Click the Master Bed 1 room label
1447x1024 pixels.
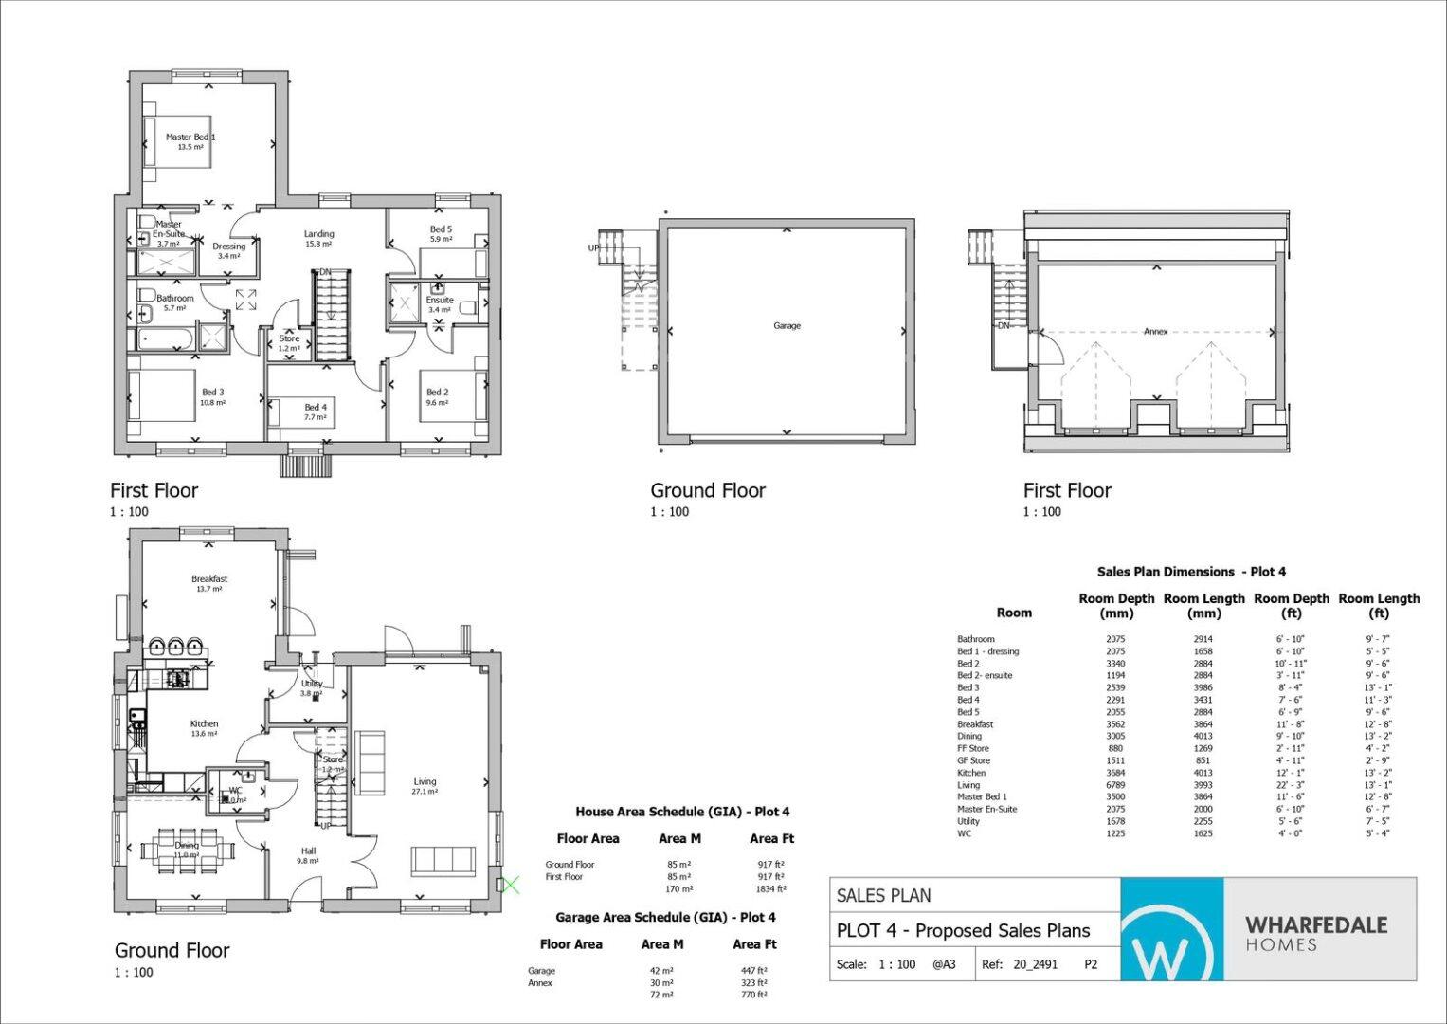click(190, 137)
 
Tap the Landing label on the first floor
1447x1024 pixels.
click(318, 234)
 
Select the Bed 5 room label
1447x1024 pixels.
click(441, 229)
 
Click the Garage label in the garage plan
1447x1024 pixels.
click(787, 325)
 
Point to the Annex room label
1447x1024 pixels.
click(1155, 331)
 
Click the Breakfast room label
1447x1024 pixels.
click(209, 578)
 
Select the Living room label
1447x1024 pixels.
click(425, 782)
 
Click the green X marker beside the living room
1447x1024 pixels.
click(510, 886)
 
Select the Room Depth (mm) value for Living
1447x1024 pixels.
click(1115, 785)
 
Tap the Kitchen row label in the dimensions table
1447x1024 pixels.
click(971, 773)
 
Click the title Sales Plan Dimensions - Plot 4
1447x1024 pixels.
click(1190, 572)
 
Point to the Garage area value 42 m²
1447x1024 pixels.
click(662, 970)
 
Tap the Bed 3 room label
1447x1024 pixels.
click(212, 392)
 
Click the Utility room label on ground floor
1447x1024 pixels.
click(312, 684)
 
